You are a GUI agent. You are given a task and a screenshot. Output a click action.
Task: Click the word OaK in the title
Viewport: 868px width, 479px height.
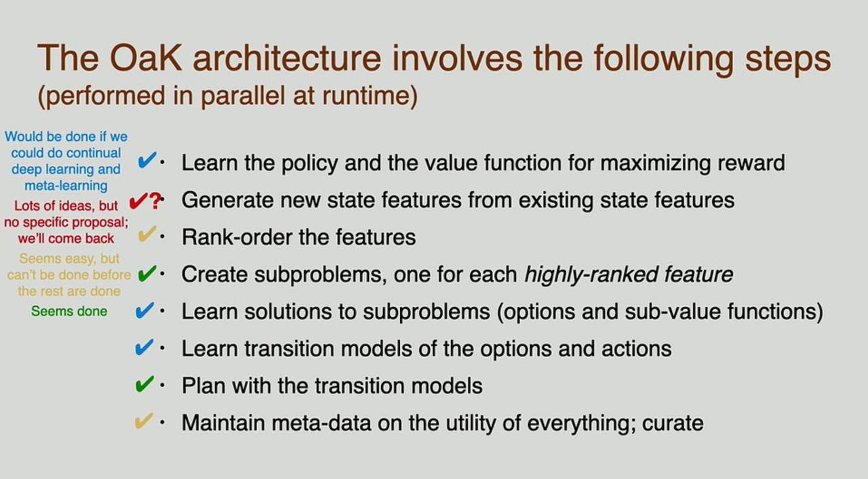click(x=146, y=58)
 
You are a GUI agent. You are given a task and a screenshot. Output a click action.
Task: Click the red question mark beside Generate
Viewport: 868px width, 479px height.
click(x=155, y=201)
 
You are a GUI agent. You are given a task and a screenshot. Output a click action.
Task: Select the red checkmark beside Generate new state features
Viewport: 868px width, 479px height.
click(x=138, y=201)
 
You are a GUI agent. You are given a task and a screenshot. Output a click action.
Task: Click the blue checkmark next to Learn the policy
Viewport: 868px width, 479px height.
click(x=147, y=160)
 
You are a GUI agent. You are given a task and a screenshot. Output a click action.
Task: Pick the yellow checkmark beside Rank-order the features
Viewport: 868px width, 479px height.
click(x=147, y=234)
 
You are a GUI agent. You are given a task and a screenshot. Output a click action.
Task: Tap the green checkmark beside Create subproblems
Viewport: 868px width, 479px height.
click(x=147, y=274)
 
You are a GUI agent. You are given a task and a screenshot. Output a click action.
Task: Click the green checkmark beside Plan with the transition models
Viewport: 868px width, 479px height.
click(x=144, y=384)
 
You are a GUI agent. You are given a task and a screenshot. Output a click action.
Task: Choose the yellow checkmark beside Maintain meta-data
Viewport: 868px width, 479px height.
click(x=144, y=421)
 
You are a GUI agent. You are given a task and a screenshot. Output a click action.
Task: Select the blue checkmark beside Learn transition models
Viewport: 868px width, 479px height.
click(x=144, y=348)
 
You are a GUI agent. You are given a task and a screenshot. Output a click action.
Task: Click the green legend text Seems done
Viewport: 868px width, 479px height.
click(x=69, y=312)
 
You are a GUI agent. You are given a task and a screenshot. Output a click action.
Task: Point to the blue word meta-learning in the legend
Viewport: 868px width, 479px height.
click(x=66, y=186)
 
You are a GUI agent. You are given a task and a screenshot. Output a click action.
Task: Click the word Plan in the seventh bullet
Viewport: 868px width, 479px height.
click(x=203, y=386)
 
